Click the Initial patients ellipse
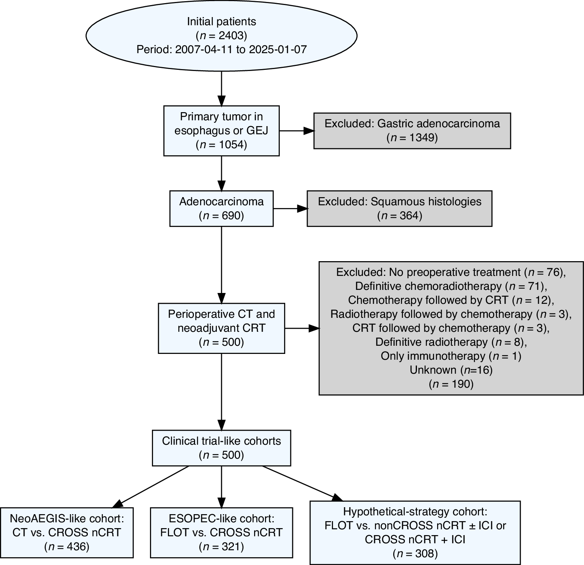pyautogui.click(x=221, y=35)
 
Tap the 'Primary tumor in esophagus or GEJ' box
pyautogui.click(x=221, y=131)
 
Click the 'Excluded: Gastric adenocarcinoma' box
pyautogui.click(x=412, y=131)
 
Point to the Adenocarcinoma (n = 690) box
pyautogui.click(x=221, y=208)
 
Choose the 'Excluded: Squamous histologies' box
pyautogui.click(x=399, y=208)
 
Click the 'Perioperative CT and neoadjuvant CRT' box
pyautogui.click(x=221, y=328)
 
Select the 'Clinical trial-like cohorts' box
pyautogui.click(x=221, y=448)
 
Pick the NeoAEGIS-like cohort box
pyautogui.click(x=66, y=532)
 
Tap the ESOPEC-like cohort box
pyautogui.click(x=221, y=532)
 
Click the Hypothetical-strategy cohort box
pyautogui.click(x=415, y=532)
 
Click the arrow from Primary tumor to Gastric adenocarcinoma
pyautogui.click(x=296, y=131)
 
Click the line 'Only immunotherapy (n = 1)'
pyautogui.click(x=451, y=356)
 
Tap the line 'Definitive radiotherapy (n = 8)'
pyautogui.click(x=451, y=342)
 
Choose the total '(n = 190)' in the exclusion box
pyautogui.click(x=451, y=384)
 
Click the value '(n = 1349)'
pyautogui.click(x=412, y=138)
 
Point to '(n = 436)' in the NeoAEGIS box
pyautogui.click(x=66, y=546)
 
